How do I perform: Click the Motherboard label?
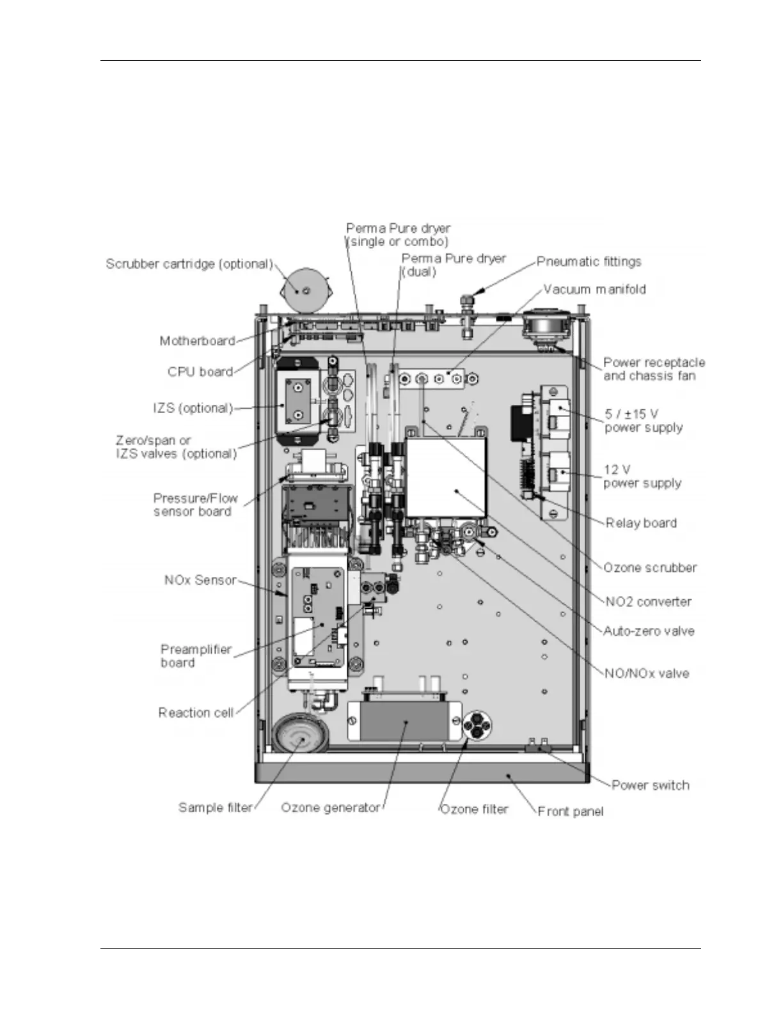[x=197, y=342]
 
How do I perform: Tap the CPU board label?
[x=200, y=372]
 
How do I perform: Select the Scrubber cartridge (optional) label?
[x=189, y=264]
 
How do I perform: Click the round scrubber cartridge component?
[x=306, y=292]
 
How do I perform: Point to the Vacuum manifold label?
[x=594, y=290]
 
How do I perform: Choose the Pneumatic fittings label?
[x=589, y=262]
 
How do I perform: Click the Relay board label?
[x=641, y=523]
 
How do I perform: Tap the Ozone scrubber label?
[x=650, y=568]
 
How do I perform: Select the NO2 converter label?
[x=648, y=602]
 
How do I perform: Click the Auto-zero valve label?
[x=649, y=631]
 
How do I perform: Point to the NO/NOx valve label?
[x=647, y=673]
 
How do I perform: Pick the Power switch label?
[x=650, y=785]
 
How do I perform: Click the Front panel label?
[x=570, y=812]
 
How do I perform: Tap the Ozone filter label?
[x=474, y=810]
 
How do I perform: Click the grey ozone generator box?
[x=404, y=720]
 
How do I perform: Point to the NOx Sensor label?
[x=200, y=581]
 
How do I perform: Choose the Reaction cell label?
[x=196, y=713]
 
